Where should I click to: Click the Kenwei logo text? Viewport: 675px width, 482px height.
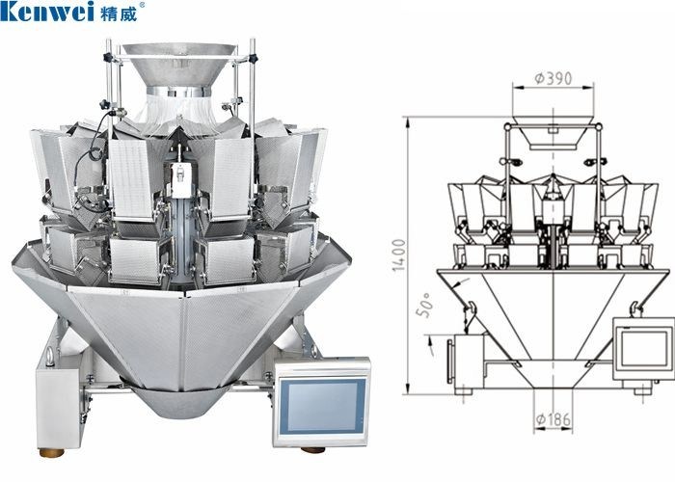[x=47, y=11]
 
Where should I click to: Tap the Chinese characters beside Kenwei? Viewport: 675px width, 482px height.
[x=120, y=12]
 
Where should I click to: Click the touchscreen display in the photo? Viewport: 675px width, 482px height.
[x=322, y=406]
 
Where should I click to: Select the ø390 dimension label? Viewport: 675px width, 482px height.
[x=553, y=78]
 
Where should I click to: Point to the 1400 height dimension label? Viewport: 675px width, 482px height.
[x=399, y=255]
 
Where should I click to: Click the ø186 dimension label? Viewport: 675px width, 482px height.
[x=553, y=418]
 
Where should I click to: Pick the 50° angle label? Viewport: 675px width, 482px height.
[x=424, y=306]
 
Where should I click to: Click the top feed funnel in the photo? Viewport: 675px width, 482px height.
[x=179, y=64]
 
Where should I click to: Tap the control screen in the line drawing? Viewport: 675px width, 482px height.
[x=644, y=349]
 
